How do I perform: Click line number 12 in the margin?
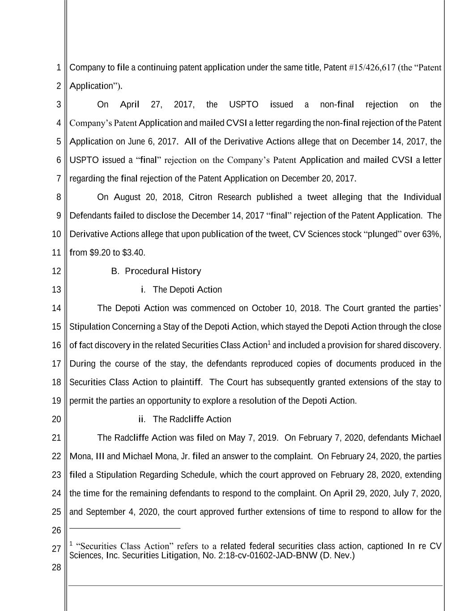coord(56,271)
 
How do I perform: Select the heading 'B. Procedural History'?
coord(156,271)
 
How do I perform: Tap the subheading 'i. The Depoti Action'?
coord(181,290)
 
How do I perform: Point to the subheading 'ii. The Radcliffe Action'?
coord(185,419)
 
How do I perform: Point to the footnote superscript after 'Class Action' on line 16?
coord(269,343)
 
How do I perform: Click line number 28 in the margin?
coord(56,568)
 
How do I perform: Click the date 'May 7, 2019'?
coord(253,438)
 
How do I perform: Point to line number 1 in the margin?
coord(59,68)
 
